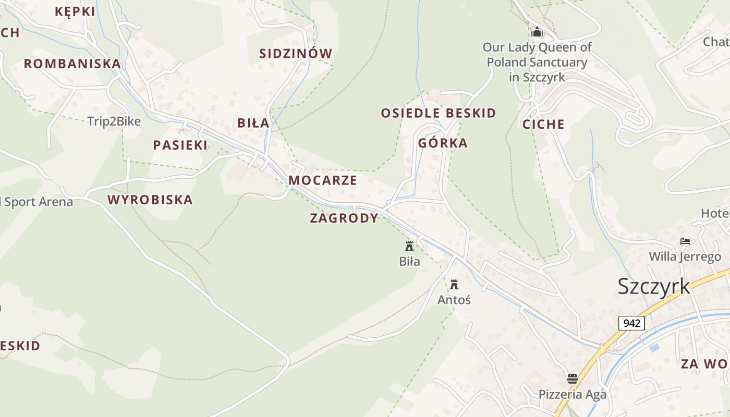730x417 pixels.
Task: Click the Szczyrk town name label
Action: (x=654, y=287)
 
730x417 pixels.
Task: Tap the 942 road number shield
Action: (x=631, y=323)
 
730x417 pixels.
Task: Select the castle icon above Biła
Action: (x=409, y=246)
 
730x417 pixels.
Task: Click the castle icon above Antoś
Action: (x=454, y=285)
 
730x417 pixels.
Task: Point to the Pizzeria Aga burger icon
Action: (x=573, y=379)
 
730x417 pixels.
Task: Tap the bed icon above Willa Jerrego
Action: (x=685, y=241)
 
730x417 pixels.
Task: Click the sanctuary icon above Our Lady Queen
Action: (x=537, y=32)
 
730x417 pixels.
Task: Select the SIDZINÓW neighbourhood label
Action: (x=296, y=54)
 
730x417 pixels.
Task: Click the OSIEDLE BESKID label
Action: (x=439, y=113)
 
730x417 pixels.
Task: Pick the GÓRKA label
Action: (x=443, y=143)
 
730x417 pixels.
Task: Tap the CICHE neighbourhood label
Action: (x=543, y=124)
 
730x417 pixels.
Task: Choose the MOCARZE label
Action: (x=323, y=180)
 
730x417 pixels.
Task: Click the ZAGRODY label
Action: (x=344, y=218)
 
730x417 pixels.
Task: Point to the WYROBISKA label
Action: (x=150, y=200)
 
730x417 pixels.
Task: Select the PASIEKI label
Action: (x=180, y=145)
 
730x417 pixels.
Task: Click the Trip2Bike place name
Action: (x=114, y=121)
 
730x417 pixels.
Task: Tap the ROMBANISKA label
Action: (x=72, y=64)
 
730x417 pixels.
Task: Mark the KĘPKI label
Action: (x=75, y=11)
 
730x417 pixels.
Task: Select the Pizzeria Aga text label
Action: (x=573, y=394)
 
